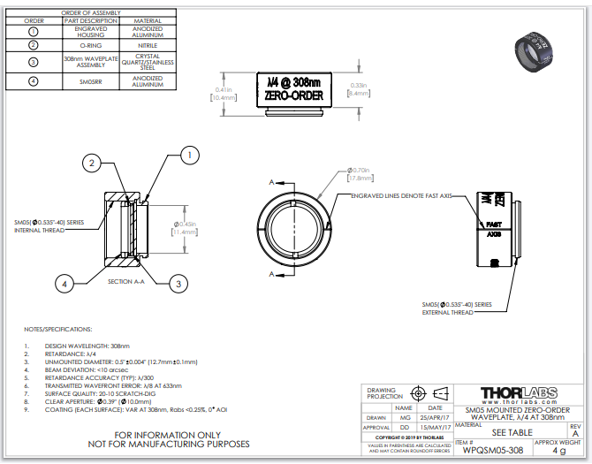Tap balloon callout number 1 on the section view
tap(187, 156)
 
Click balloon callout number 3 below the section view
tap(178, 283)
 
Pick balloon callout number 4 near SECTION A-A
tap(64, 283)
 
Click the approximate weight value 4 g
tap(558, 450)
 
